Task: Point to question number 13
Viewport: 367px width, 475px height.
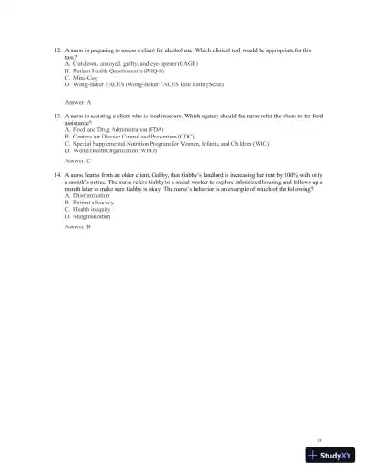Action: point(57,117)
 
